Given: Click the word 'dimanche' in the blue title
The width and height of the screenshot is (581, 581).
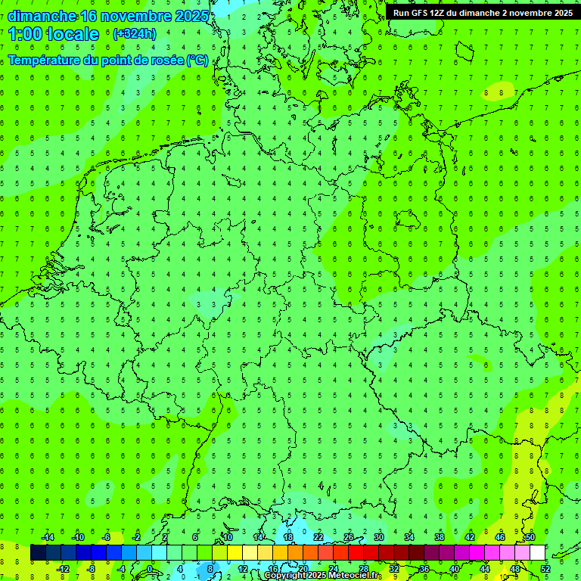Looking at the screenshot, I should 42,16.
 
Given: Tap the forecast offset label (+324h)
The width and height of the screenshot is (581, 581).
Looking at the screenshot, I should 134,34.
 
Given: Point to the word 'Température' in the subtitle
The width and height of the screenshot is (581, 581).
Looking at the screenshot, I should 45,61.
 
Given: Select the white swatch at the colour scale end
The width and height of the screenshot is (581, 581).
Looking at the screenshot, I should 537,553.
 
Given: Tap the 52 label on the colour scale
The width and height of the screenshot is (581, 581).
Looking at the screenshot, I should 545,569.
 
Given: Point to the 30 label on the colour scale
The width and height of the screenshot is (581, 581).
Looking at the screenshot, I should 379,537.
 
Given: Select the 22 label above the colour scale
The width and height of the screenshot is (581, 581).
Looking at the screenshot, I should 318,537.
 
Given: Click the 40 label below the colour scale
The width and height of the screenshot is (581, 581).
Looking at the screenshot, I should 455,569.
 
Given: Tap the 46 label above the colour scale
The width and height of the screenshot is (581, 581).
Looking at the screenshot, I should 500,537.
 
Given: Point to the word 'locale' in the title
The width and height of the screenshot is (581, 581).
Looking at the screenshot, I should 73,34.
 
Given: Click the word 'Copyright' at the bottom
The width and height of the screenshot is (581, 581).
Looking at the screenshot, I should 290,576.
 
